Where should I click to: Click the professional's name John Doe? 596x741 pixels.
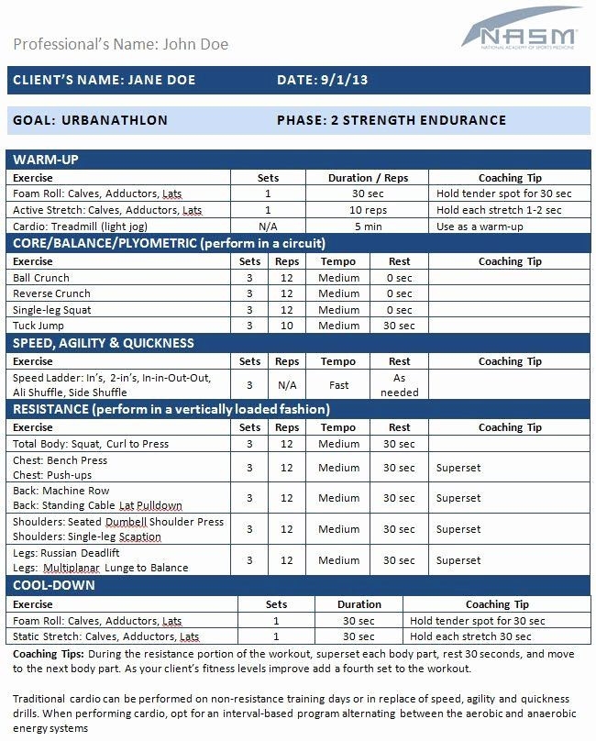coord(194,44)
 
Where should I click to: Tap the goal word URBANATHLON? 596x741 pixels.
coord(115,120)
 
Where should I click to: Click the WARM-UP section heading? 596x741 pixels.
coord(46,160)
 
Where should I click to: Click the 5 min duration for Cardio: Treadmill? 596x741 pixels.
coord(369,226)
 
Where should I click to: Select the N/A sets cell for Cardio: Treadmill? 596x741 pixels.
coord(268,226)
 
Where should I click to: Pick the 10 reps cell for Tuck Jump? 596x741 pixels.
coord(287,326)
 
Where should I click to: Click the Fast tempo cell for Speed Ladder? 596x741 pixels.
coord(338,385)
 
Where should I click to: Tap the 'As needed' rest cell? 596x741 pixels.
coord(399,385)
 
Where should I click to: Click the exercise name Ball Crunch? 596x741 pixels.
coord(40,278)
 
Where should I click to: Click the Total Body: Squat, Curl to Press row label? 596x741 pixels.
coord(91,444)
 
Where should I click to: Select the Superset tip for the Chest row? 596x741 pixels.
coord(458,468)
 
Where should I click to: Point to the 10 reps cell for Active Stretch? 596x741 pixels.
coord(369,210)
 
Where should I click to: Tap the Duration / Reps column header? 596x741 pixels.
coord(369,178)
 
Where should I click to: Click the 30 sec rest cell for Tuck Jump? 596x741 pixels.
coord(399,326)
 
